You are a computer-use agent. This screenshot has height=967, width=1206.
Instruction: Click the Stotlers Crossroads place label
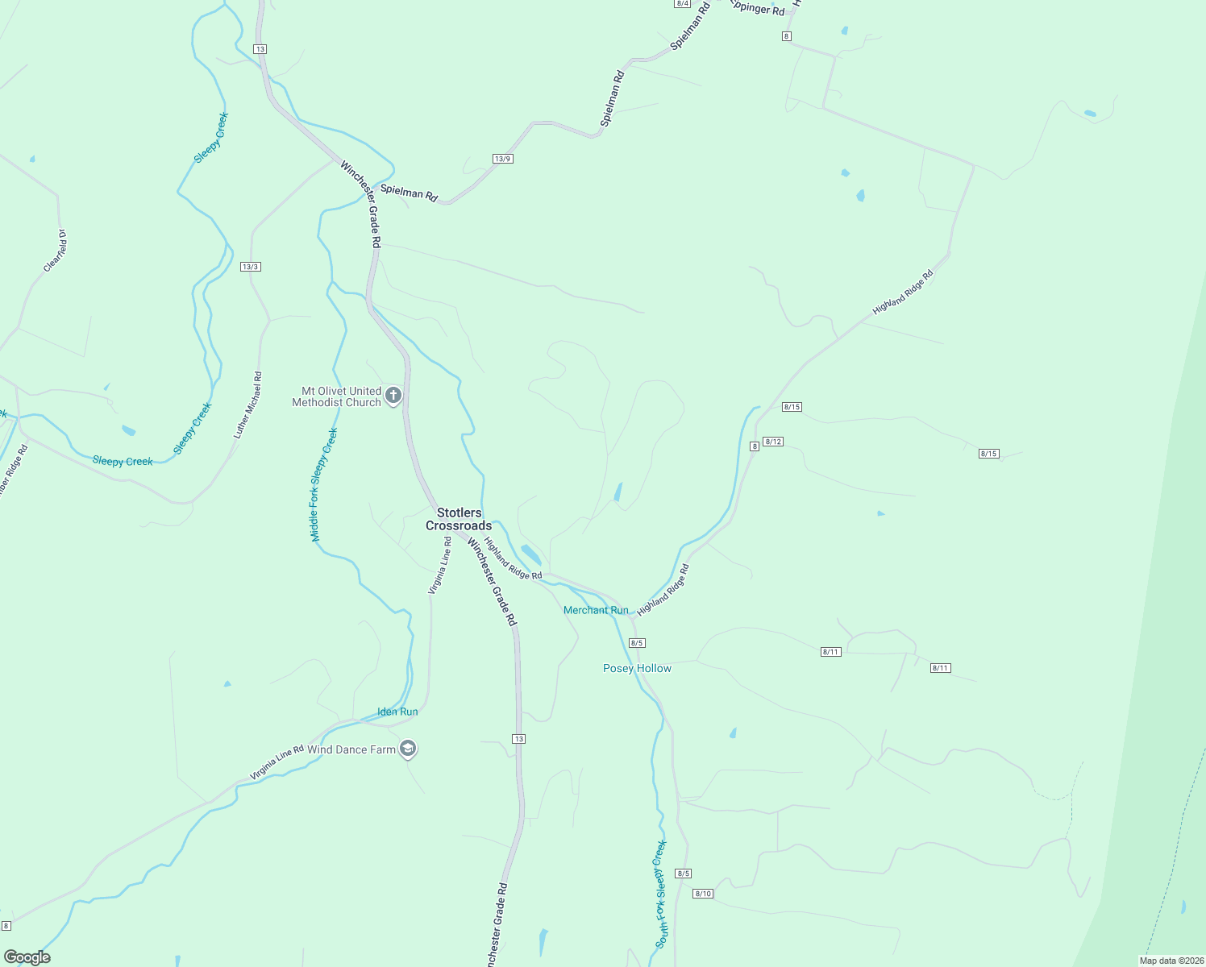click(459, 519)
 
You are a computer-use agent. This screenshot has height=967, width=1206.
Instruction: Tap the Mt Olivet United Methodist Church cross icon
click(393, 396)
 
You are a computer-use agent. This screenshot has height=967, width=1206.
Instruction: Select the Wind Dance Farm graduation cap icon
click(408, 749)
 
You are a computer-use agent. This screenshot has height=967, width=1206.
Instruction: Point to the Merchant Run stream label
click(596, 610)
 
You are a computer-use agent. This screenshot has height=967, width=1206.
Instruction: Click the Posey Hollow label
click(637, 668)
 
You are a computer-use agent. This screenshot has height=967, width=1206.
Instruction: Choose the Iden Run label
click(397, 712)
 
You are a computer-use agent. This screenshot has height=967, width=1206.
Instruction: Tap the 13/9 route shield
click(503, 159)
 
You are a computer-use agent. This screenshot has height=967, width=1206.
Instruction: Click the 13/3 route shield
click(250, 267)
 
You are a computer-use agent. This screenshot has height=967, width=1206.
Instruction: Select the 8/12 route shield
click(773, 442)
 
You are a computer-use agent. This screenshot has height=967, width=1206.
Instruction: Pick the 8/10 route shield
click(703, 894)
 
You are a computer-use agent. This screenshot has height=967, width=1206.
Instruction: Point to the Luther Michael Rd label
click(248, 405)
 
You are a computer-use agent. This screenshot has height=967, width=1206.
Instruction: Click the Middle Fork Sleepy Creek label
click(324, 484)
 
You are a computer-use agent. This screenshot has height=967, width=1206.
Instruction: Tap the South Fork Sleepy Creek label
click(661, 894)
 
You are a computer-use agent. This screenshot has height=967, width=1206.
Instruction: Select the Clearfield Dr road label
click(55, 251)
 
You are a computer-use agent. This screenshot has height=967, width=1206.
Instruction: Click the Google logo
click(27, 957)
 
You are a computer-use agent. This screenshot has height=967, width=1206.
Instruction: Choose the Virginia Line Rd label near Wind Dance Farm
click(277, 762)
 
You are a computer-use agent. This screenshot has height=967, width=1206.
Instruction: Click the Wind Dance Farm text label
click(351, 749)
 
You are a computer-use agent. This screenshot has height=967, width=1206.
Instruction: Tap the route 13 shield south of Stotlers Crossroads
click(518, 739)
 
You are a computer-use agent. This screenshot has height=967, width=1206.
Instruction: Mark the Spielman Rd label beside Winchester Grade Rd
click(409, 193)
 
